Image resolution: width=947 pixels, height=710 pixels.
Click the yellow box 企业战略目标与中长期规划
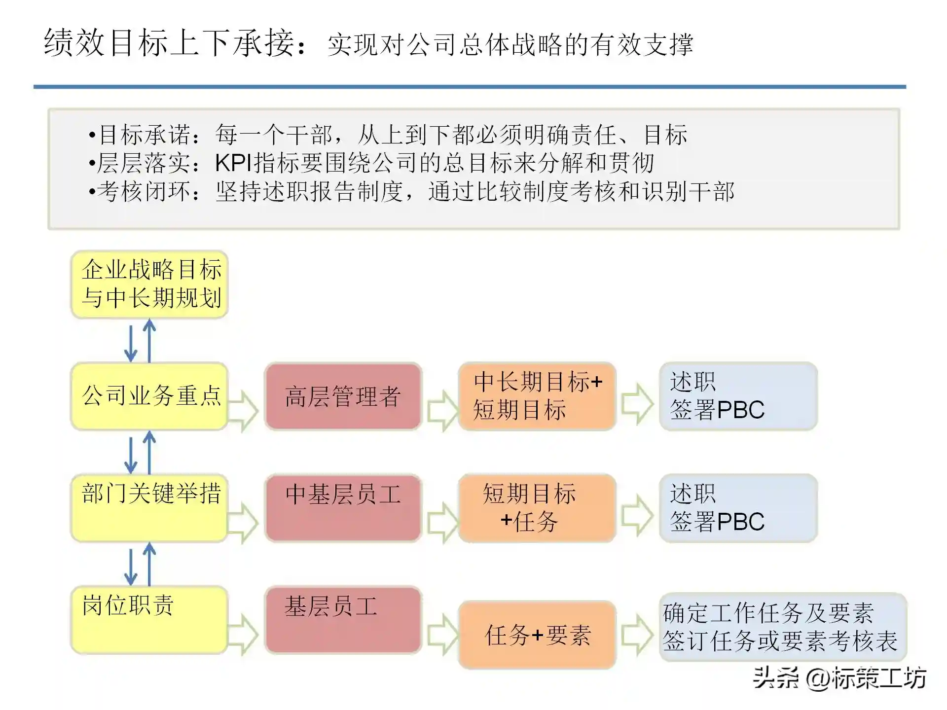point(149,284)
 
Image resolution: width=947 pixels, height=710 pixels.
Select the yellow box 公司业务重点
point(149,396)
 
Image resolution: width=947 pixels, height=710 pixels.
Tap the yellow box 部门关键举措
point(149,508)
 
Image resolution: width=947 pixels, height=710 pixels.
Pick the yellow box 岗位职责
point(149,620)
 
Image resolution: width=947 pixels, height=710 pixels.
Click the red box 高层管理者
point(343,396)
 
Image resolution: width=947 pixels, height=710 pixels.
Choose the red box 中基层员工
point(343,508)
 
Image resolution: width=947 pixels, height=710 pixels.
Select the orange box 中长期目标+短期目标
point(537,396)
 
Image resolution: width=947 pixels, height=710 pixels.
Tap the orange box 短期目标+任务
point(537,508)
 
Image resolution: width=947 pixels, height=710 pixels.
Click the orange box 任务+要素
point(537,635)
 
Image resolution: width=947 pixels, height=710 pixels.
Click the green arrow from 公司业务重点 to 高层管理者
point(243,411)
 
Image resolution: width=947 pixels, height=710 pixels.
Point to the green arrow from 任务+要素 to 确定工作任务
point(637,635)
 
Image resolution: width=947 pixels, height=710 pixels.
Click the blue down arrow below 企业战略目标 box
point(131,343)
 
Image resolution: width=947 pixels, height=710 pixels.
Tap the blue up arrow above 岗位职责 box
point(149,564)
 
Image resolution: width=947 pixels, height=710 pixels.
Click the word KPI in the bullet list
point(233,163)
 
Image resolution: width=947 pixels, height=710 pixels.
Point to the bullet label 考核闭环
point(144,192)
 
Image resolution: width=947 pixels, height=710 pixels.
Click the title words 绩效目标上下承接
point(170,43)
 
